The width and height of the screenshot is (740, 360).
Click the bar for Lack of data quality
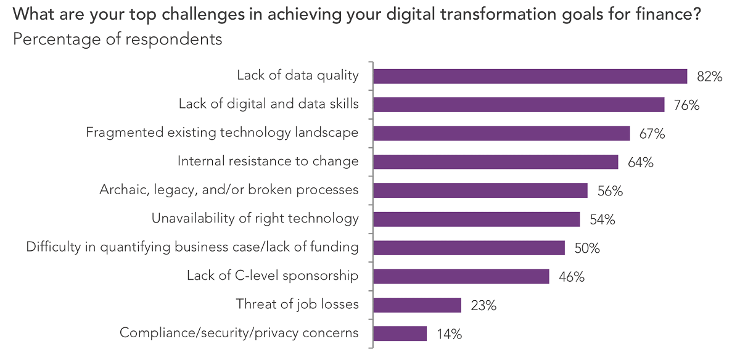[530, 76]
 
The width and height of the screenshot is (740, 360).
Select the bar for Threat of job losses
[417, 305]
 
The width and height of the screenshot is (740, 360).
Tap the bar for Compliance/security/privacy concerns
[400, 333]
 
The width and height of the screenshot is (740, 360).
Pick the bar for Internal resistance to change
[495, 162]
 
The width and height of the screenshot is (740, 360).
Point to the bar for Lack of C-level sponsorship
[461, 276]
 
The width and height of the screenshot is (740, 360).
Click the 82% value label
[710, 76]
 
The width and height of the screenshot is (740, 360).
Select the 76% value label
[687, 105]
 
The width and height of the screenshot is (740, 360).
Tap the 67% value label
[652, 134]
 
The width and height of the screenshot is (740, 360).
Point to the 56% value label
[610, 191]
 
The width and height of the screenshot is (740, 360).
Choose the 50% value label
[587, 248]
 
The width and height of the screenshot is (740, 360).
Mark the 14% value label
[449, 334]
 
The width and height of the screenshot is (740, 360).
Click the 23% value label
[483, 305]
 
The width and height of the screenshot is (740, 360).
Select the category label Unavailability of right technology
[255, 218]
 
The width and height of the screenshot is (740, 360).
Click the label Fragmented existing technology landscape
[222, 133]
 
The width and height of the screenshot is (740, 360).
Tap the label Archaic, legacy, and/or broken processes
[229, 190]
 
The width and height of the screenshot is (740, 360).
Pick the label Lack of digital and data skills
[268, 104]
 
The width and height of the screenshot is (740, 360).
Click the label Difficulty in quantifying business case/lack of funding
[192, 247]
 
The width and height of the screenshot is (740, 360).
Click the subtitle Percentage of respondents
[117, 39]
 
